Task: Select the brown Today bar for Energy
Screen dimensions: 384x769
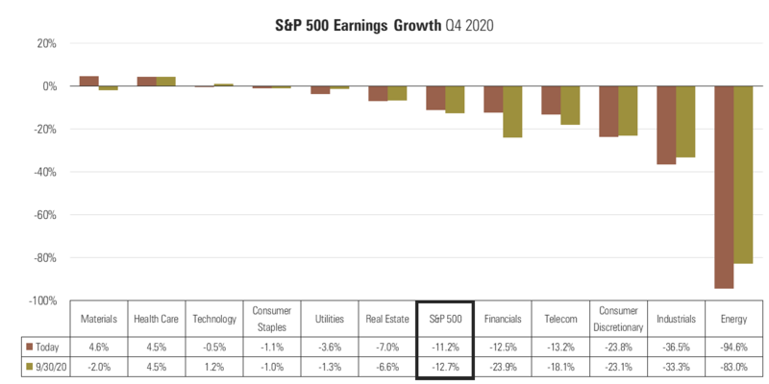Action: click(x=723, y=187)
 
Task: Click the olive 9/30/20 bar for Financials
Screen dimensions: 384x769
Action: click(x=512, y=111)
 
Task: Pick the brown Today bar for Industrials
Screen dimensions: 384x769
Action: click(x=666, y=125)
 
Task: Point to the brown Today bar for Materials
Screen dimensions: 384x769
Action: click(x=88, y=82)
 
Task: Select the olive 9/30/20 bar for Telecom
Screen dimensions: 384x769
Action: click(x=570, y=106)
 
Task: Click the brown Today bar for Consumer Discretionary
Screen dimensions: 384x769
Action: click(x=608, y=111)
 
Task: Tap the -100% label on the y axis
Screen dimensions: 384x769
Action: click(x=43, y=301)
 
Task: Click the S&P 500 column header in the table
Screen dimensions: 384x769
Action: click(x=444, y=318)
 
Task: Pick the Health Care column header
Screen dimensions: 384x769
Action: click(x=156, y=318)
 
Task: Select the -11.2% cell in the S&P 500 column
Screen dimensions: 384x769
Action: click(x=444, y=346)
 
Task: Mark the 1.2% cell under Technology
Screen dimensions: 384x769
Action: click(x=213, y=366)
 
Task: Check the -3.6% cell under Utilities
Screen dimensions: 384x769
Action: click(x=329, y=346)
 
